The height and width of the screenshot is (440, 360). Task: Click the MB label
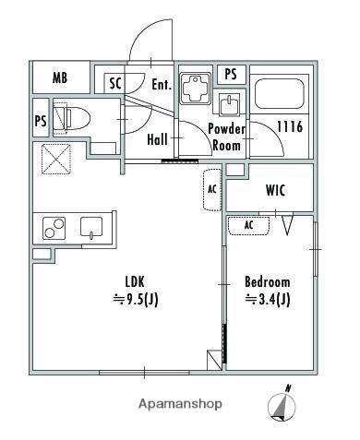60,77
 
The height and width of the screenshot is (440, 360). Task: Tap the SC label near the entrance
115,83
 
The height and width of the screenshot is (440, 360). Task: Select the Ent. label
162,84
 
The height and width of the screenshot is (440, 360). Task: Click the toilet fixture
71,118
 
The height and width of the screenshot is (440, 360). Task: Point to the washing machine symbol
196,88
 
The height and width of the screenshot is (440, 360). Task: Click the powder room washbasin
229,104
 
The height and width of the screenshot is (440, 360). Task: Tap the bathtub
280,94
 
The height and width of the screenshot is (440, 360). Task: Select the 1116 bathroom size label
290,126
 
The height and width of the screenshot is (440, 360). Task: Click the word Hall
157,139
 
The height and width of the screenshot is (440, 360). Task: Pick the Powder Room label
227,137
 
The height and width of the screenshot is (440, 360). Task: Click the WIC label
275,190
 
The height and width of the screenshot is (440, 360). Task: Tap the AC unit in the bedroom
248,226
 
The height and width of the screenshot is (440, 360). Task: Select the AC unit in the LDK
212,189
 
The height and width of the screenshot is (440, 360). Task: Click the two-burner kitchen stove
54,228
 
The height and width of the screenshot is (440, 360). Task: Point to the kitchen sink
91,228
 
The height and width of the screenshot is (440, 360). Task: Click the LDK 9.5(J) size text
136,291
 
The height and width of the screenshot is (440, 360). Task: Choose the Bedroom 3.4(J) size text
267,291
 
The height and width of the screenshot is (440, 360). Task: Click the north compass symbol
282,404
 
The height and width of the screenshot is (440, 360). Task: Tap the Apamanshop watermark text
180,404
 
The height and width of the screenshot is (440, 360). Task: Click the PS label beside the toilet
41,121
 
